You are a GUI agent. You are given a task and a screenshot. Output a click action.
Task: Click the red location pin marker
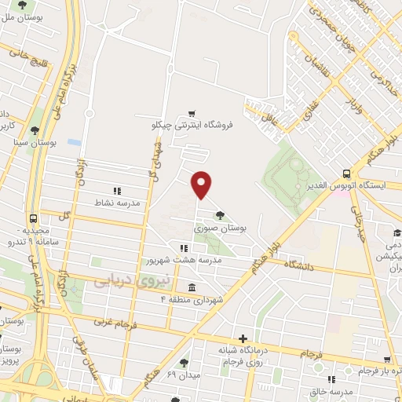[202, 184]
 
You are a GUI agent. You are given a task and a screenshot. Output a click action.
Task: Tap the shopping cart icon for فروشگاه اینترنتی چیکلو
[191, 113]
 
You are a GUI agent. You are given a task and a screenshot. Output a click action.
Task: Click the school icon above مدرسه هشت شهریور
[184, 247]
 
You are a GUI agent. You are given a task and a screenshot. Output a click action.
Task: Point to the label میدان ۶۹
[183, 375]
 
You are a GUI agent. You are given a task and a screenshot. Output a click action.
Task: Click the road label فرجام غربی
[93, 322]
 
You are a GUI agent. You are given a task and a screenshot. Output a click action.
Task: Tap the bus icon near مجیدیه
[33, 219]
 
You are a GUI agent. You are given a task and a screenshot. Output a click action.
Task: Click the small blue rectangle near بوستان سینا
[74, 143]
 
